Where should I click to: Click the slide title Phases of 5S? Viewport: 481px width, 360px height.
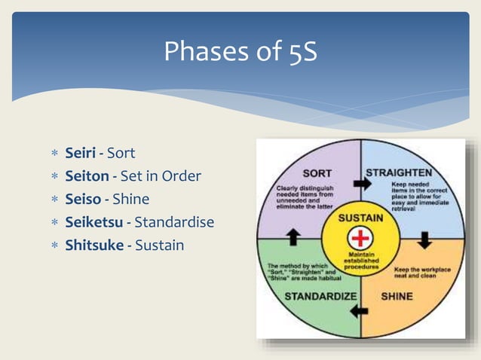pyautogui.click(x=240, y=51)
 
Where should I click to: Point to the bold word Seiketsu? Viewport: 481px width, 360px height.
pyautogui.click(x=94, y=222)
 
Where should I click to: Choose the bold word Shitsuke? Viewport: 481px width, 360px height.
pyautogui.click(x=93, y=246)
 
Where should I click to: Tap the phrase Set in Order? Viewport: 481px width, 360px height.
pyautogui.click(x=161, y=176)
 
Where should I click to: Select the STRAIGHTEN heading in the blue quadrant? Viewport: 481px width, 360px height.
pyautogui.click(x=399, y=172)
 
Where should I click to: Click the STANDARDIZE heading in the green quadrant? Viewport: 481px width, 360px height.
pyautogui.click(x=320, y=296)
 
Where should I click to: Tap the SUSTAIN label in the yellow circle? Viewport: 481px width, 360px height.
pyautogui.click(x=360, y=218)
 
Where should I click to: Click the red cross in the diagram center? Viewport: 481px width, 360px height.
pyautogui.click(x=361, y=239)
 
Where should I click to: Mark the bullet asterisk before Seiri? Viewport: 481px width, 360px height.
pyautogui.click(x=54, y=154)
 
